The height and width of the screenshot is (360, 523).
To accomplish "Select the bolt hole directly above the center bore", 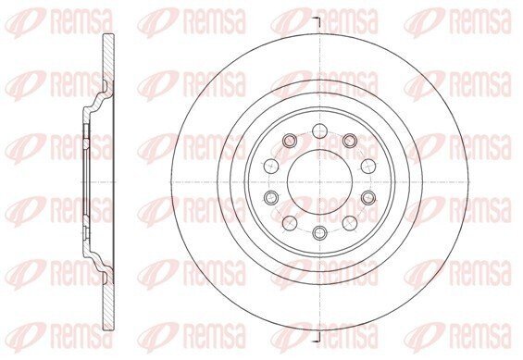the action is click(320, 130).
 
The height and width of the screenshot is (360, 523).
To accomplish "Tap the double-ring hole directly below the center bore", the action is click(320, 232).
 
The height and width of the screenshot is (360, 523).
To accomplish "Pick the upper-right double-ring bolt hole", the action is click(350, 141).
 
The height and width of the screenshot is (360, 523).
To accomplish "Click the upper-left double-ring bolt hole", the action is click(290, 141).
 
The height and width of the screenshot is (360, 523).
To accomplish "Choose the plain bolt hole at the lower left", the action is click(290, 223).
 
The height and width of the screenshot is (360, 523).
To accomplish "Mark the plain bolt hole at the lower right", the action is click(350, 223).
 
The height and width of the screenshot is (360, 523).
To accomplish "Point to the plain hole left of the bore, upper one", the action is click(271, 166).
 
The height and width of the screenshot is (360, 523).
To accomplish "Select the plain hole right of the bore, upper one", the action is click(368, 166).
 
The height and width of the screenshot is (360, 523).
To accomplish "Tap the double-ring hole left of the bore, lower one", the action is click(271, 198).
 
